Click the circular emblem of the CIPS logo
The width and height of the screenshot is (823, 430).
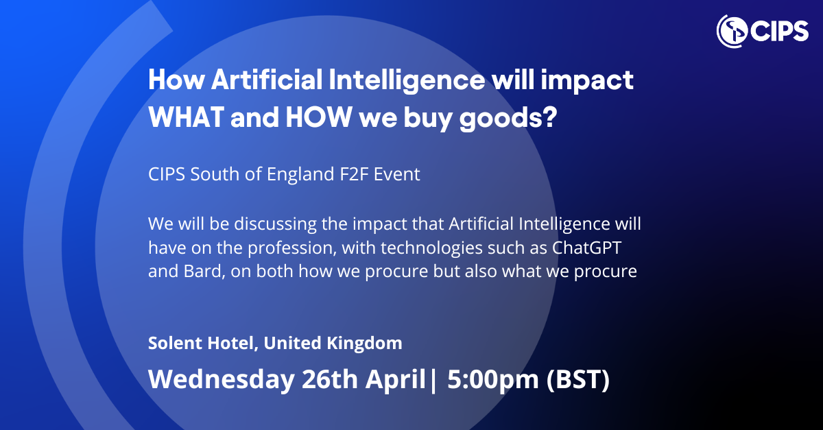(x=731, y=29)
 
